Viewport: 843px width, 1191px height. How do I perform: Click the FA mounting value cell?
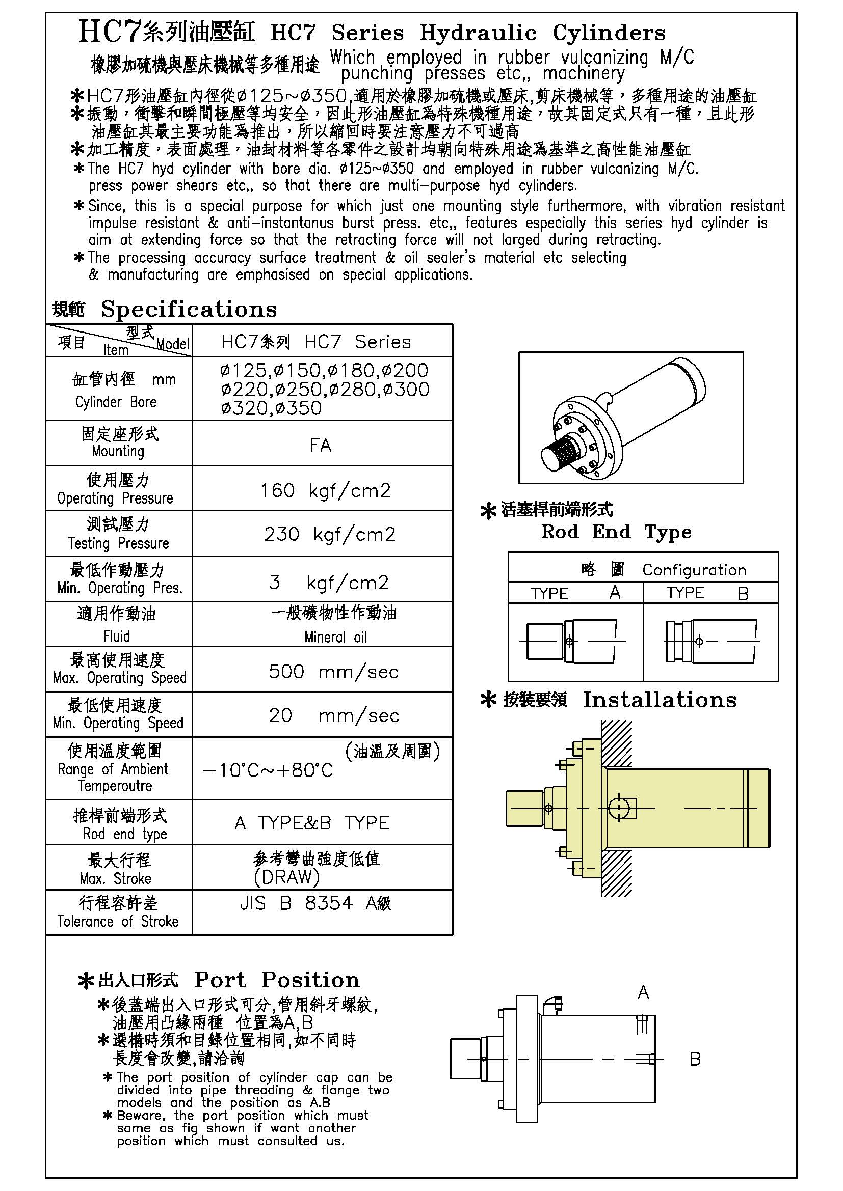[x=320, y=445]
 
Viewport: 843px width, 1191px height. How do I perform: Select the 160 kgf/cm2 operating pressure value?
[x=326, y=490]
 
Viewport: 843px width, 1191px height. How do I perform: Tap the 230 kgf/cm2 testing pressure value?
[x=330, y=534]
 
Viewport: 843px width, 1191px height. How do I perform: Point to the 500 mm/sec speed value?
[x=333, y=672]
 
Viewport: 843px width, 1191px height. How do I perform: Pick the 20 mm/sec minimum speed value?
[x=333, y=715]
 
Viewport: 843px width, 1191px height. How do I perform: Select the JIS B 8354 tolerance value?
[x=315, y=903]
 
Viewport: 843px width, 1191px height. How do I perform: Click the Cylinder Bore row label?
[x=116, y=402]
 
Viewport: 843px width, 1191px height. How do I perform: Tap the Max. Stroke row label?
[x=115, y=878]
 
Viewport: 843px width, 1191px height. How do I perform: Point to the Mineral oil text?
[x=335, y=637]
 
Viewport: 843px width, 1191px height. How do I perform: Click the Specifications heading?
[x=189, y=309]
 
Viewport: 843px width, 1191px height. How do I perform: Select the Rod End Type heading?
[x=616, y=532]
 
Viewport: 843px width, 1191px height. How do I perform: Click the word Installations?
[x=659, y=700]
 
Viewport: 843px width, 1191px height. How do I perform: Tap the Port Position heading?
[x=277, y=980]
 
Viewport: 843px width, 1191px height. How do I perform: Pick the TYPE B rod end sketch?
[x=710, y=642]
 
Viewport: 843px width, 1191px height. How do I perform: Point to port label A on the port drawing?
[x=643, y=993]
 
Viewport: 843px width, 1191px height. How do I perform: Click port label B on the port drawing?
[x=695, y=1059]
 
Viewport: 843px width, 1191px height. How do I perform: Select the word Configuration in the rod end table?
[x=694, y=570]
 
